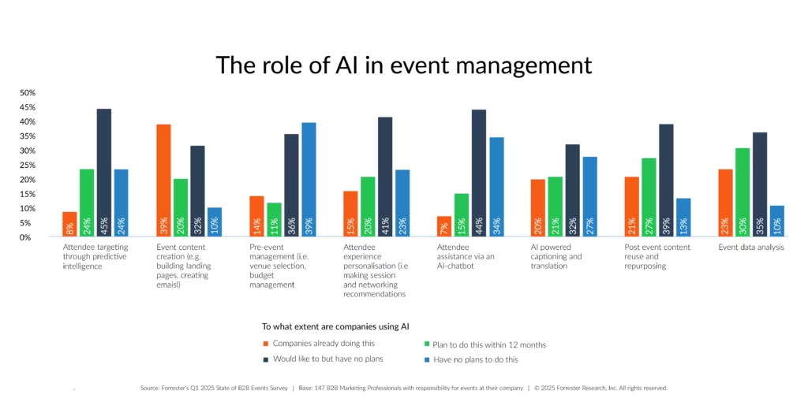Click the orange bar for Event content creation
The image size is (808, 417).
163,181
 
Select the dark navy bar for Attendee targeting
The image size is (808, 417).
104,173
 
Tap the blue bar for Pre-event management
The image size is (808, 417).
309,180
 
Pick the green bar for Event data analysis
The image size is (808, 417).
743,192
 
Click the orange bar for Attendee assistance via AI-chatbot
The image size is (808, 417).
444,226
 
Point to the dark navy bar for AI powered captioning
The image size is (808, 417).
573,191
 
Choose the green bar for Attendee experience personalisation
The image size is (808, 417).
368,207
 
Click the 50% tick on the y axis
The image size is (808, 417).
28,93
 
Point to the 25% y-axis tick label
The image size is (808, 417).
28,166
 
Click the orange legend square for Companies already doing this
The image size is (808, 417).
265,344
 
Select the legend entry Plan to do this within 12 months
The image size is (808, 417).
484,344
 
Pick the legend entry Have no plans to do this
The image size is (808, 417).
470,359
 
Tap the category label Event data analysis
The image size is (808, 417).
751,247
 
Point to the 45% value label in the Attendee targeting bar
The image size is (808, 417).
104,226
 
